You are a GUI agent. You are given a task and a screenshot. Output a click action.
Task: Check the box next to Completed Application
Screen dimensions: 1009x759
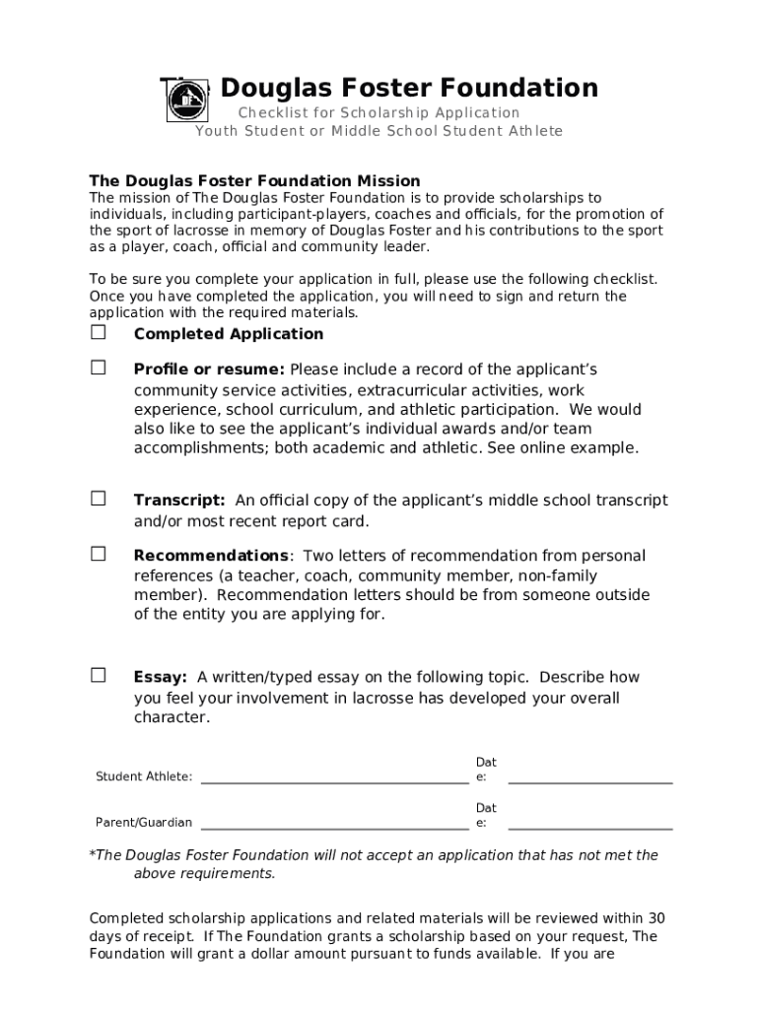point(99,333)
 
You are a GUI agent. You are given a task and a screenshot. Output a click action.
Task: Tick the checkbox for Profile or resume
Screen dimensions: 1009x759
point(99,368)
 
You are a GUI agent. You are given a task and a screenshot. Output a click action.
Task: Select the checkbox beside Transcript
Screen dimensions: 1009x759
point(99,499)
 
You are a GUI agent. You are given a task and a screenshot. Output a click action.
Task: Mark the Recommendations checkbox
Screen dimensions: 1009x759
point(99,554)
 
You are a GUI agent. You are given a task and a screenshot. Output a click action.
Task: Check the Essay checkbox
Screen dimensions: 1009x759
point(99,675)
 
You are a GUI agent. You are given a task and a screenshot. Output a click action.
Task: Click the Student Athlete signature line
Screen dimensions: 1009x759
point(334,782)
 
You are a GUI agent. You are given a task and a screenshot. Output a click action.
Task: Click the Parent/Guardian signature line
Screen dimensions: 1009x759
point(334,828)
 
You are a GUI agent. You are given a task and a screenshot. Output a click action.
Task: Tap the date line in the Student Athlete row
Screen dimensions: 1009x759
point(589,781)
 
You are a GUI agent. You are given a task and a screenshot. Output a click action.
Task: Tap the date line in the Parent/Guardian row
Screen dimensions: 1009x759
point(589,828)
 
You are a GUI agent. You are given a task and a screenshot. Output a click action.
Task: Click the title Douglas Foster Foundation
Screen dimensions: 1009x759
point(409,89)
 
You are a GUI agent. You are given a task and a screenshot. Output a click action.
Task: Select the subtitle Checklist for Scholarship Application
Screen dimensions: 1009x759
point(379,113)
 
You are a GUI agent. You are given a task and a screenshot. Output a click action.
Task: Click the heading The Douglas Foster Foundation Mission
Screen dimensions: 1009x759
point(254,181)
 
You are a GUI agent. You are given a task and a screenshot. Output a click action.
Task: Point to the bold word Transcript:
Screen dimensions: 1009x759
point(179,501)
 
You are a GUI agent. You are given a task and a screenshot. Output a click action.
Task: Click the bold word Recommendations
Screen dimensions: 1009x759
point(211,556)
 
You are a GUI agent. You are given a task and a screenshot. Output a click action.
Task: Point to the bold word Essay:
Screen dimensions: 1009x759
point(161,677)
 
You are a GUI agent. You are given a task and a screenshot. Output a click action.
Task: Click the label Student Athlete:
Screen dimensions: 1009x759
point(144,777)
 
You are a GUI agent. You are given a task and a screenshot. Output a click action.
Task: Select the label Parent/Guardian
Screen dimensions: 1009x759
point(144,823)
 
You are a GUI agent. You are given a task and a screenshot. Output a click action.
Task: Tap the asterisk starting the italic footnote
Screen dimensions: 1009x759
point(93,854)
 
